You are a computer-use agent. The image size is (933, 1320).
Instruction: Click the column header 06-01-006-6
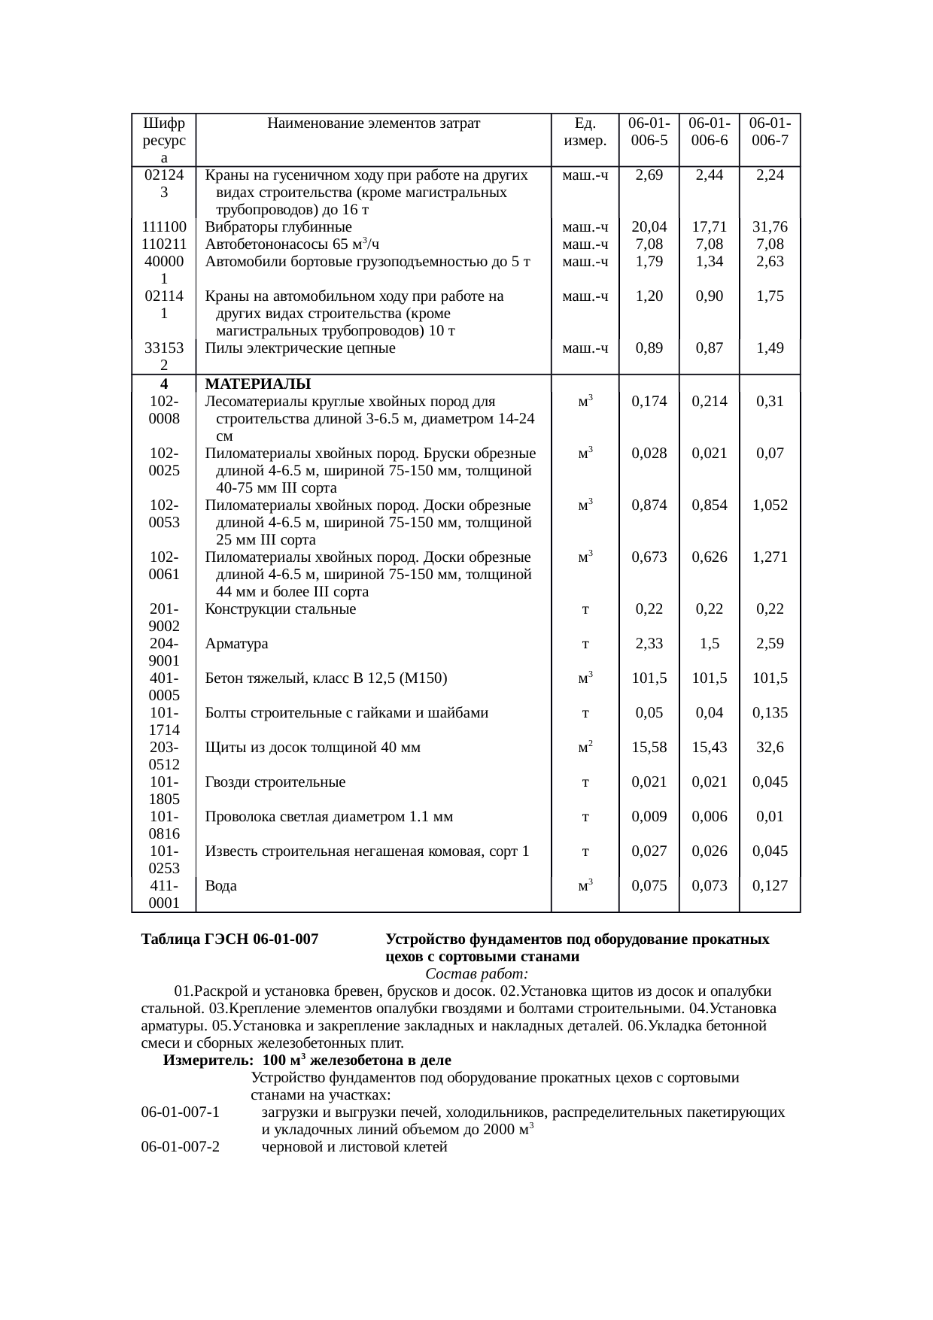709,132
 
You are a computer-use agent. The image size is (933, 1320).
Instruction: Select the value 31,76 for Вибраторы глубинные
769,227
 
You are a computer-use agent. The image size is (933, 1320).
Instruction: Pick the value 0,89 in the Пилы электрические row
649,348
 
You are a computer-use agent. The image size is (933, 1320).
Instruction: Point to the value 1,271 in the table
769,557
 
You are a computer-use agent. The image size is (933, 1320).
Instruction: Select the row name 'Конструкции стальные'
281,609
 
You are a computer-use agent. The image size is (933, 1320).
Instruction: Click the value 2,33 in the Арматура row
649,644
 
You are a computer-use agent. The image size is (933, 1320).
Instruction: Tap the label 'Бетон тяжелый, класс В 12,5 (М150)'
327,678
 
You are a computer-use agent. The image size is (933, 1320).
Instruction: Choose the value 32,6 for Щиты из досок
769,748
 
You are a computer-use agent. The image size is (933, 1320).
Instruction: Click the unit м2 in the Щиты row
585,748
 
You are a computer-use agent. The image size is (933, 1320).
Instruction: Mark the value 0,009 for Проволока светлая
649,817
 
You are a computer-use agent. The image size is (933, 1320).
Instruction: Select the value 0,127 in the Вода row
769,886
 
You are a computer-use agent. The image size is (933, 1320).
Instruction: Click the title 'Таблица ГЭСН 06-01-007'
229,940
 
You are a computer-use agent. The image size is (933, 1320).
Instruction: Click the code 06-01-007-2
180,1147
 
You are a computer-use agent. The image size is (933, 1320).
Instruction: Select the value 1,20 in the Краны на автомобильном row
649,296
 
